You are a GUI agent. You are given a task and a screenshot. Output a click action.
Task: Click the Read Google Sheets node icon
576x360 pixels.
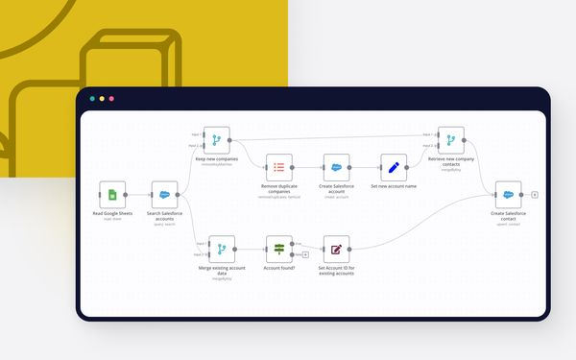(x=112, y=195)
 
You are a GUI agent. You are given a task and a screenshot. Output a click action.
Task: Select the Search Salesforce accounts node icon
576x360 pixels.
(x=164, y=195)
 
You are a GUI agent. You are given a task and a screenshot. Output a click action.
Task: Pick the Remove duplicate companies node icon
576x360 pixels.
(x=278, y=167)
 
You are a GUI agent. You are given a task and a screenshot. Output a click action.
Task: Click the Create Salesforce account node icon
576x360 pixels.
(x=336, y=167)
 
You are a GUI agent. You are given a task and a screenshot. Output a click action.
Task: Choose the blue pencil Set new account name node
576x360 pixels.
(x=394, y=167)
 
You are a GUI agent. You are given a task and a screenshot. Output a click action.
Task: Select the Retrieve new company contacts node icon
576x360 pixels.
(x=451, y=140)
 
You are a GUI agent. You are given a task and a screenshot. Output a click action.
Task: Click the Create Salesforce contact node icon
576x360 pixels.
(x=508, y=194)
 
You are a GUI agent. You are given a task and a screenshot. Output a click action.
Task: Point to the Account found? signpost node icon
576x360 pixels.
(x=278, y=250)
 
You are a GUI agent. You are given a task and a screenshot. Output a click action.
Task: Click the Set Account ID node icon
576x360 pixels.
(x=336, y=250)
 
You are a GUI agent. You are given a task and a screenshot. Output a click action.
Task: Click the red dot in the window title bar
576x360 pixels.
(x=111, y=99)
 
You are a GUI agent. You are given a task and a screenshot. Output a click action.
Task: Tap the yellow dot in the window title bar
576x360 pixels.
(x=102, y=99)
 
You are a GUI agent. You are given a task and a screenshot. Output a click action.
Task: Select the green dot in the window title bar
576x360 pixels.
(x=92, y=99)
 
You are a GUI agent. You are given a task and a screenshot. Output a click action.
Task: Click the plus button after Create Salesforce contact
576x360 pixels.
(x=535, y=194)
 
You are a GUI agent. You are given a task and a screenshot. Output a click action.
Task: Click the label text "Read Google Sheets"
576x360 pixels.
(x=112, y=213)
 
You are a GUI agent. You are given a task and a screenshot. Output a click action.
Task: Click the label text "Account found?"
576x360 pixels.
(x=278, y=268)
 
